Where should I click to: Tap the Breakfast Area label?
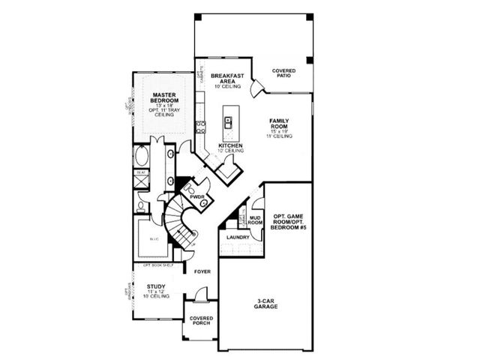tap(226, 79)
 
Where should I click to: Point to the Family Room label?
tap(283, 124)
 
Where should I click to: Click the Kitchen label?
tap(230, 146)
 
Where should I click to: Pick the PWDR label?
tap(197, 196)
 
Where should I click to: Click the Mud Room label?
tap(255, 220)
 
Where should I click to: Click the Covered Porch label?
tap(200, 321)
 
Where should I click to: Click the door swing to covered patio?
tap(256, 88)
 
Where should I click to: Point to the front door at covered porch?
tap(200, 301)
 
